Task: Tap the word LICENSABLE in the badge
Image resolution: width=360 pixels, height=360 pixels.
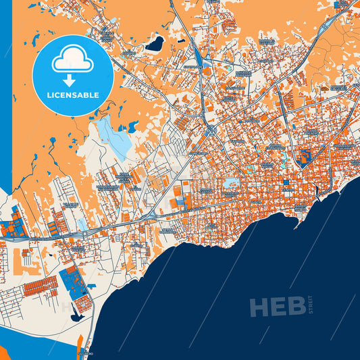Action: [x=72, y=95]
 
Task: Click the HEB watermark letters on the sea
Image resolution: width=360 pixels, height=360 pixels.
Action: [x=277, y=307]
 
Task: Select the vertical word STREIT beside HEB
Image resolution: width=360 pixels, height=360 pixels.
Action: [x=311, y=306]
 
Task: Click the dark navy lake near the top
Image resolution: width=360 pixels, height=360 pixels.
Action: [x=155, y=45]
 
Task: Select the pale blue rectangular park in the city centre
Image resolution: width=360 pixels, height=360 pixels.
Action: [x=232, y=183]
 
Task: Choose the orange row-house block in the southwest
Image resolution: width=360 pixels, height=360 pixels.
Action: [x=41, y=286]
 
